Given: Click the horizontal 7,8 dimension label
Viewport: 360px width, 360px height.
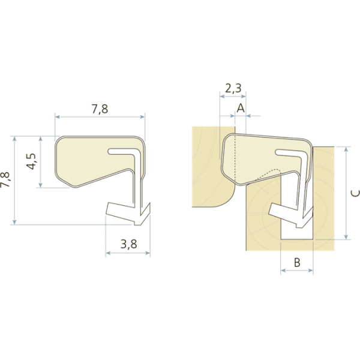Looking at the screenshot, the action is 100,109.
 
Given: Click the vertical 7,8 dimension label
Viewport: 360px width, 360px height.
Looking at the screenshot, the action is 5,179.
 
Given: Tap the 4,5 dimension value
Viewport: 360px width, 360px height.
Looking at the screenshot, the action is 31,161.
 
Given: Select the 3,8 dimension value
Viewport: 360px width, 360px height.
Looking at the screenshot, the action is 129,244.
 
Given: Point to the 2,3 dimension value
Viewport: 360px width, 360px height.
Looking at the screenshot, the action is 233,88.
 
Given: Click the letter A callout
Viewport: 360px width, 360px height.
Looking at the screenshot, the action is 241,108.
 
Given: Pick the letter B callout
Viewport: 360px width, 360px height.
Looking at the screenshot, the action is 297,262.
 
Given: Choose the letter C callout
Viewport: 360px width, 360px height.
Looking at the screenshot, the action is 356,193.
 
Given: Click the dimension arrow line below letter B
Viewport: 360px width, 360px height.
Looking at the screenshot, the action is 297,271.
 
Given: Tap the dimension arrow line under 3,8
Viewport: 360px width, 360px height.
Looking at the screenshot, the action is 128,253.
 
